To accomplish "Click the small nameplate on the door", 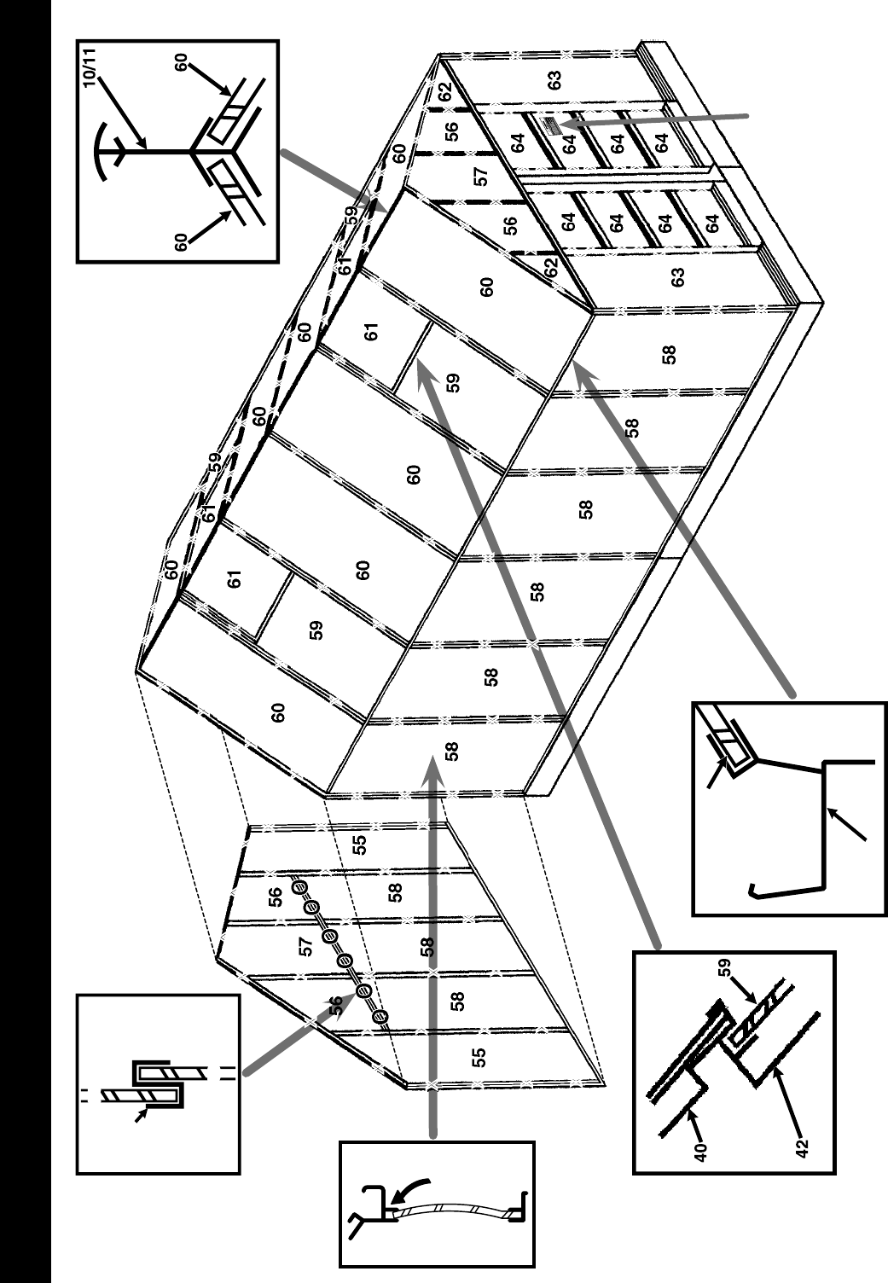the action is coord(549,127).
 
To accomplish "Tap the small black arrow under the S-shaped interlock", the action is coord(142,1112).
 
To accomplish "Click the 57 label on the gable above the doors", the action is coord(482,177).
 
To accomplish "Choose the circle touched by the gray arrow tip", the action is coord(364,990).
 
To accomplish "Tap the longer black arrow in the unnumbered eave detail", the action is coord(849,823).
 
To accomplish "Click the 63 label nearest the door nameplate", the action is coord(555,82).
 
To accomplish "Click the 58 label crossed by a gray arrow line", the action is coord(427,945).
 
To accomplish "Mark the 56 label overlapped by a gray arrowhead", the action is coord(336,1003).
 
